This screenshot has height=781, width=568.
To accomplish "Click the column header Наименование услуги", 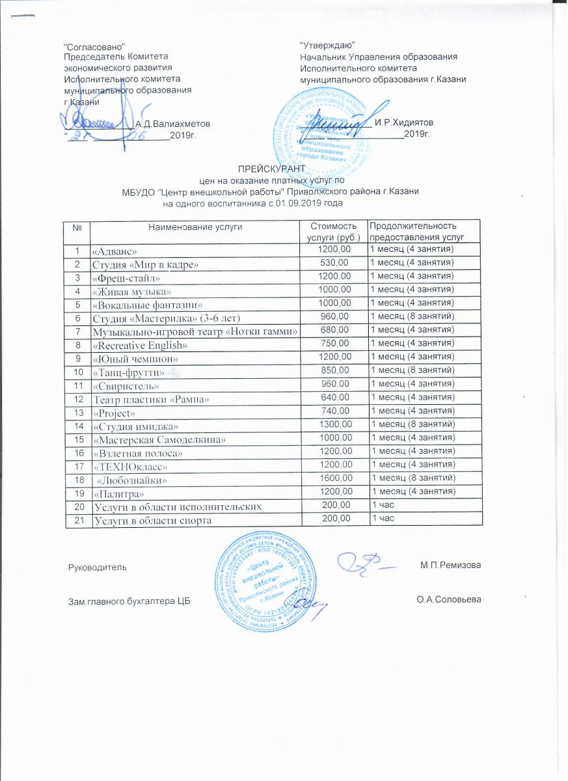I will pyautogui.click(x=195, y=226).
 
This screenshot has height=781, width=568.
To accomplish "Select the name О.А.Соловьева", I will pyautogui.click(x=448, y=598).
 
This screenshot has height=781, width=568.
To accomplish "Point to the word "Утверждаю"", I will pyautogui.click(x=327, y=44).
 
